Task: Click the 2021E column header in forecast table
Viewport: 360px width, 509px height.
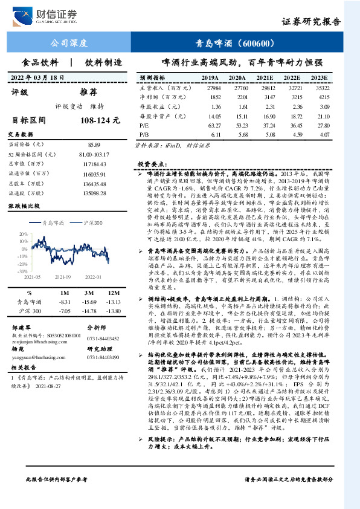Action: (x=265, y=79)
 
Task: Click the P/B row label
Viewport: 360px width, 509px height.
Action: (x=144, y=133)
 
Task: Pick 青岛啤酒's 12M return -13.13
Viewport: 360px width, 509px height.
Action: (x=114, y=302)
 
